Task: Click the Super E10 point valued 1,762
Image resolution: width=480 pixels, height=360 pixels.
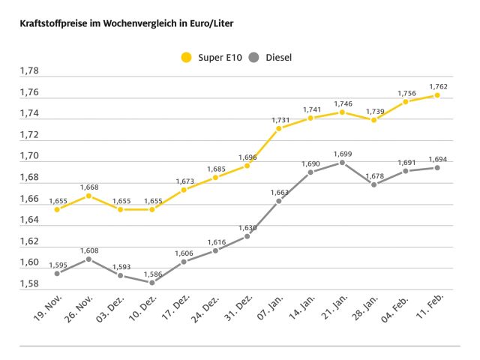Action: click(437, 95)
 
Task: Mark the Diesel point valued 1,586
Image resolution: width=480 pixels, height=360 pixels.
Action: click(152, 283)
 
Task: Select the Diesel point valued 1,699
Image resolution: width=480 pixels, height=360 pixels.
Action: click(342, 162)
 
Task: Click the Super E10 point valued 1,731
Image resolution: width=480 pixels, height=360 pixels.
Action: click(279, 128)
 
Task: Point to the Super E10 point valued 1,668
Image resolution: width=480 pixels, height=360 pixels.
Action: click(88, 196)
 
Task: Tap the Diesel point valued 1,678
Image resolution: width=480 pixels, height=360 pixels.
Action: click(373, 184)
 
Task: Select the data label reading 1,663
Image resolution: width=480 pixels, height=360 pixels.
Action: click(278, 192)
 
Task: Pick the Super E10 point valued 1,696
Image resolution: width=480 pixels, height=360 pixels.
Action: click(247, 165)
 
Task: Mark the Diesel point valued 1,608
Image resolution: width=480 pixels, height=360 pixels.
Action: click(88, 259)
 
